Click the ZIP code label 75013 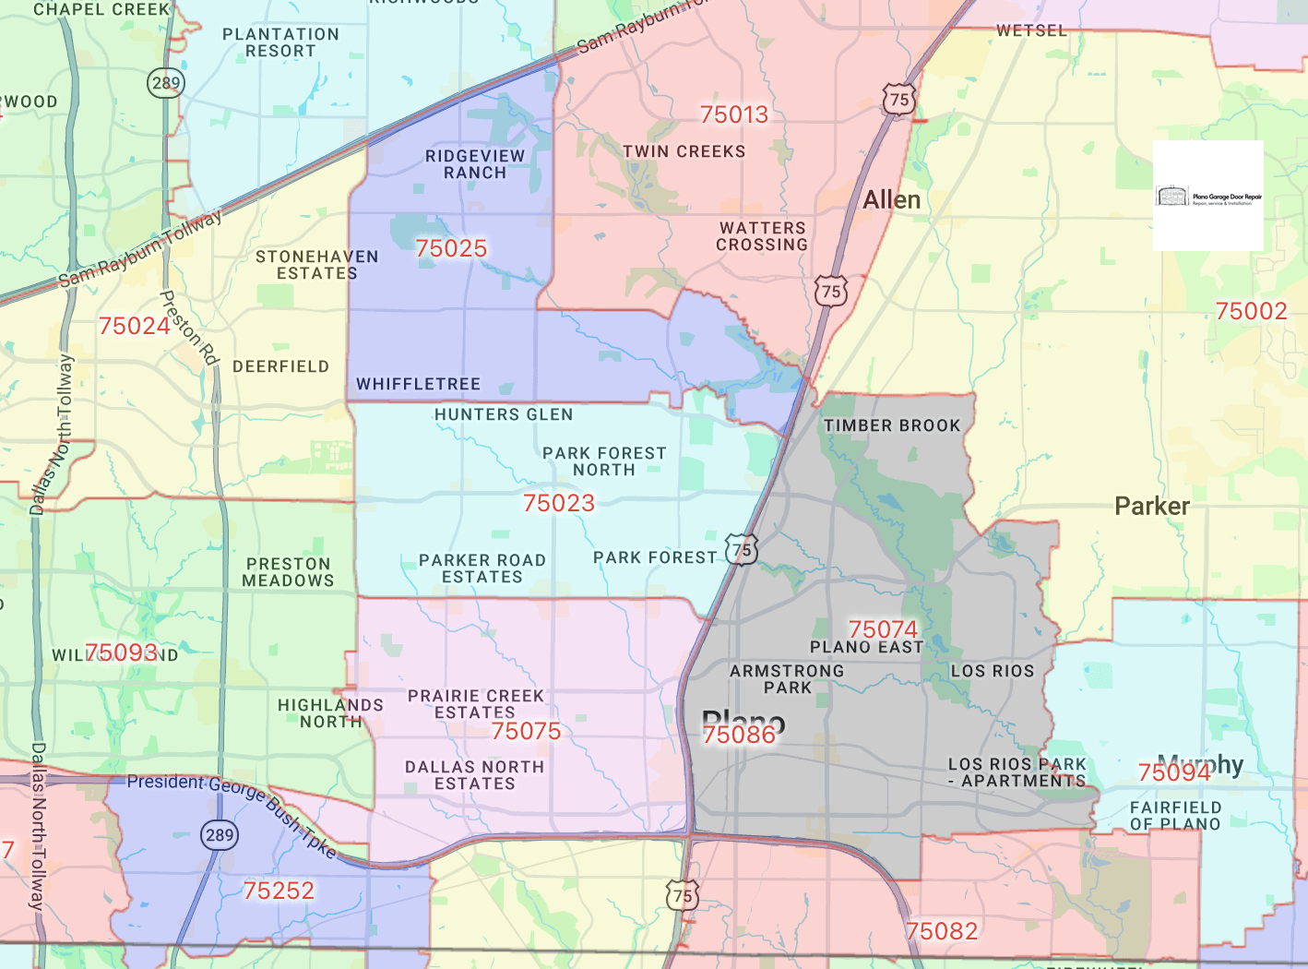734,114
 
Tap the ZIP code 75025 451,248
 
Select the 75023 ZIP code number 559,503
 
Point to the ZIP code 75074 883,629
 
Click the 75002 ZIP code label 1251,311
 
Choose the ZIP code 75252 279,891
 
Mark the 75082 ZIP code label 942,931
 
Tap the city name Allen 892,199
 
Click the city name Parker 1151,506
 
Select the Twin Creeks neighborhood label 684,151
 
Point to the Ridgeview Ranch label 475,164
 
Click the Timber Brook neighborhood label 892,425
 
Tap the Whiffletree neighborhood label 419,384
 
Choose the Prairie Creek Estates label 476,704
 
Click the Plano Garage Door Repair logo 1207,196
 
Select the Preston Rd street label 189,328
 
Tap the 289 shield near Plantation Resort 166,83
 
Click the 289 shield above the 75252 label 220,835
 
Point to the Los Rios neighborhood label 993,671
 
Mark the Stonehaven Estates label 317,265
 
